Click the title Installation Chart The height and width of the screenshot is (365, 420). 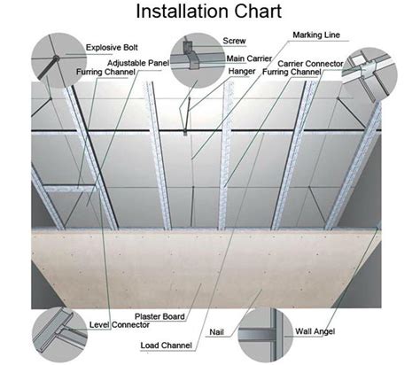tap(209, 12)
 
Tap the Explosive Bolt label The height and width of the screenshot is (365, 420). tap(112, 48)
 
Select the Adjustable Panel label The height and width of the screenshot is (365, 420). tap(138, 63)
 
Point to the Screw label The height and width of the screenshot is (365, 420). tap(234, 41)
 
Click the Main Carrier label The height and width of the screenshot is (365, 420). tap(249, 58)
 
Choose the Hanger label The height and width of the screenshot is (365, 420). tap(242, 71)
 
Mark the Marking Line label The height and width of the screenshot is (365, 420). tap(316, 35)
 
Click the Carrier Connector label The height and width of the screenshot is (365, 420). tap(310, 64)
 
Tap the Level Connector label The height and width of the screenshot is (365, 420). tap(120, 325)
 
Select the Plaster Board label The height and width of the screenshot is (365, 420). tap(159, 316)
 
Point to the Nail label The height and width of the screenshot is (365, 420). tap(216, 332)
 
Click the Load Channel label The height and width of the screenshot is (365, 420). tap(166, 346)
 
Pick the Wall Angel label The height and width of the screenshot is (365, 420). tap(315, 331)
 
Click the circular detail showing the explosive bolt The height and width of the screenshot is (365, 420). tap(58, 60)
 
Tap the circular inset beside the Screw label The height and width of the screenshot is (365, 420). tap(198, 60)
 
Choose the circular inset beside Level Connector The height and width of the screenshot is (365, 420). tap(59, 335)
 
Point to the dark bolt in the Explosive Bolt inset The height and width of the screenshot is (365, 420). tap(48, 67)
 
